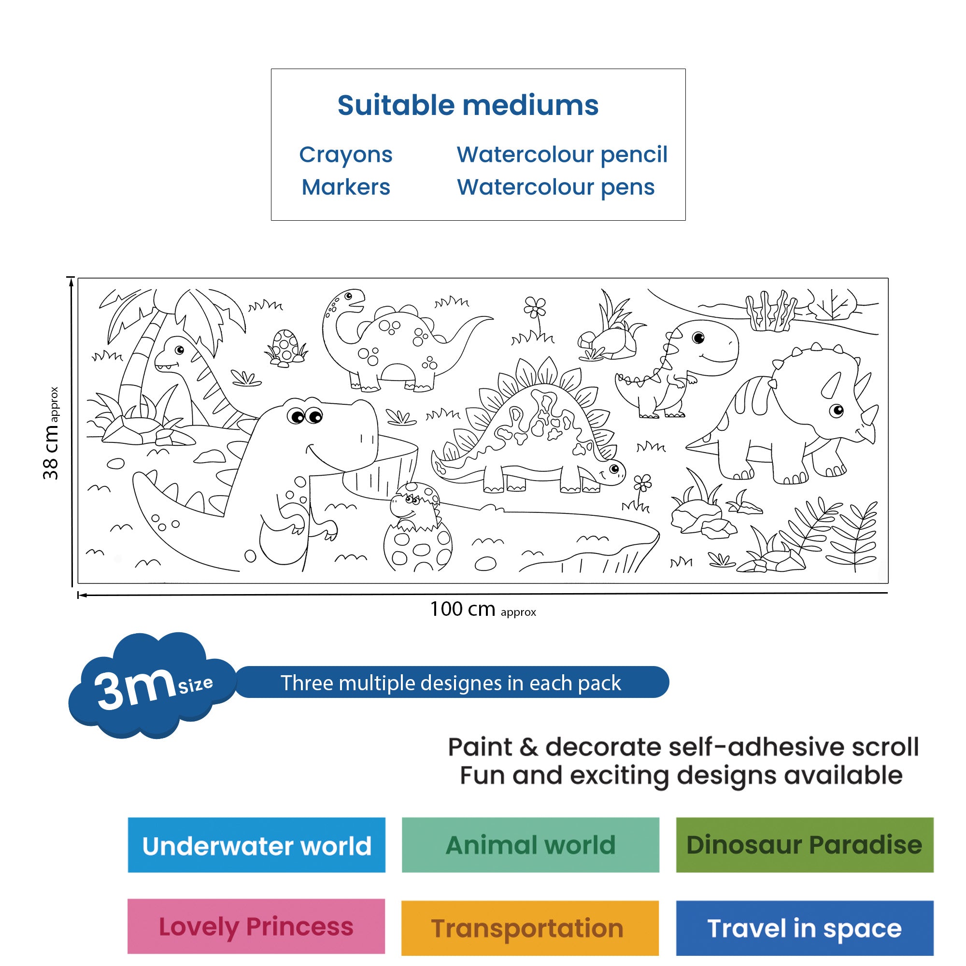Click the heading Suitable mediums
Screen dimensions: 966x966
pos(468,105)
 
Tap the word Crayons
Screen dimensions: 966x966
pos(346,155)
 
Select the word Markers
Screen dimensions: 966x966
pos(346,187)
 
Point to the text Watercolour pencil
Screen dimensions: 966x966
pos(562,155)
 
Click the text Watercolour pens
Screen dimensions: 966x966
pos(555,187)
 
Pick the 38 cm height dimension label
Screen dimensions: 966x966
pos(51,433)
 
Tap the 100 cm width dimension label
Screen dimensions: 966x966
pos(483,610)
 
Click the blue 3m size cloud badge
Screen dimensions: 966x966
pos(152,685)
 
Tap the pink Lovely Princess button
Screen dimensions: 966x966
pos(256,926)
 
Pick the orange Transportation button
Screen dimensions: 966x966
pos(530,928)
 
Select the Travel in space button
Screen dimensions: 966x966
pos(805,928)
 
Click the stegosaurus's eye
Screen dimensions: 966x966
pos(614,469)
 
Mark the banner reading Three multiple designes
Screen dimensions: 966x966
pos(452,682)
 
